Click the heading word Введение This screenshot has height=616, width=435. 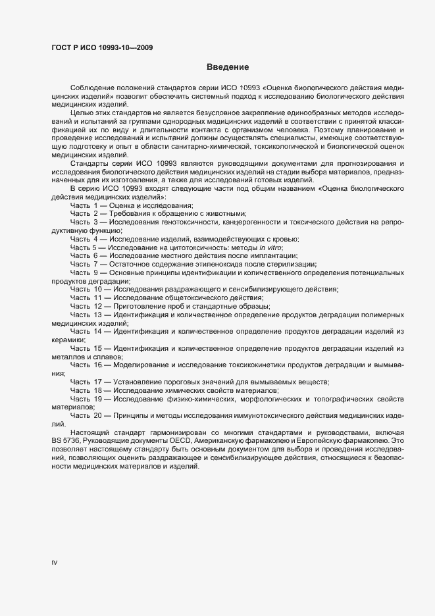point(228,67)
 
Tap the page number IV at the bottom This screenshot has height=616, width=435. point(55,562)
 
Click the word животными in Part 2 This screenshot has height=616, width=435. point(223,214)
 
